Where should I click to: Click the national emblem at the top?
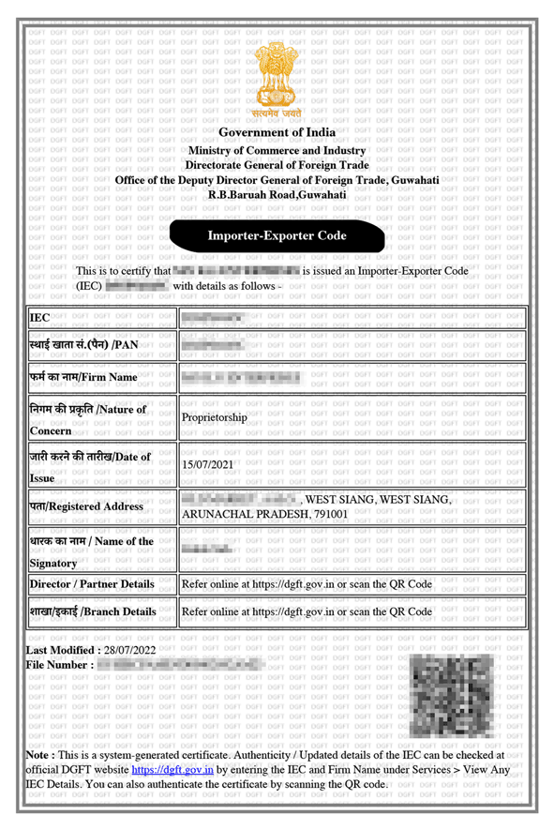pyautogui.click(x=277, y=77)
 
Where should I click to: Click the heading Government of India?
pyautogui.click(x=277, y=133)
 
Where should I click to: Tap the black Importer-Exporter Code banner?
pyautogui.click(x=277, y=236)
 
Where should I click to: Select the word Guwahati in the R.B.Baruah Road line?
pyautogui.click(x=322, y=194)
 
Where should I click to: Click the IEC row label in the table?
pyautogui.click(x=39, y=318)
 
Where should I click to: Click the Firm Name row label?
pyautogui.click(x=83, y=377)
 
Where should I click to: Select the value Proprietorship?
pyautogui.click(x=215, y=418)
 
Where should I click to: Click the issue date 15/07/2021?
pyautogui.click(x=212, y=464)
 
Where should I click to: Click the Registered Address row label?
pyautogui.click(x=86, y=506)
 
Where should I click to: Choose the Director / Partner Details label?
pyautogui.click(x=92, y=583)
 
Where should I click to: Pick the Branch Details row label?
pyautogui.click(x=92, y=611)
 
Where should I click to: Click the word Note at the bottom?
pyautogui.click(x=38, y=754)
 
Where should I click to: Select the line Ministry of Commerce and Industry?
pyautogui.click(x=277, y=151)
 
